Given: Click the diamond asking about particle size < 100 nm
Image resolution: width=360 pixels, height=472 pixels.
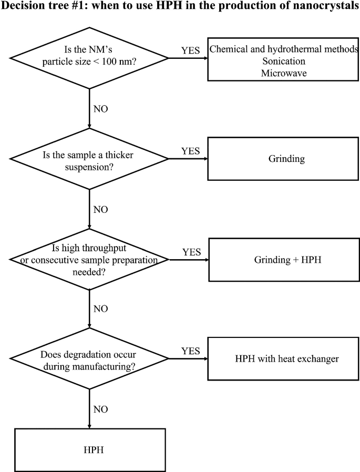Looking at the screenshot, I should (90, 58).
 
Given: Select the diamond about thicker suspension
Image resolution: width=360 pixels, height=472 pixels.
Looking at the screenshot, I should (90, 158).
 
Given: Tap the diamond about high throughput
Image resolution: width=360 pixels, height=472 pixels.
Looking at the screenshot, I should (90, 259).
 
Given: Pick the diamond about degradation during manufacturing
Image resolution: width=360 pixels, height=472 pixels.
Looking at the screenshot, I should (90, 359).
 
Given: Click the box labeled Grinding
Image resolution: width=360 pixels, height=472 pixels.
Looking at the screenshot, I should (283, 158).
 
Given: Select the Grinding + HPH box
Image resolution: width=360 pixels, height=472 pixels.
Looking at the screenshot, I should (283, 259).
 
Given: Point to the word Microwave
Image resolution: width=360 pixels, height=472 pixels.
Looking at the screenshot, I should (284, 73).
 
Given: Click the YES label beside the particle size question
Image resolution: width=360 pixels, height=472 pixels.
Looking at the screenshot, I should (190, 50).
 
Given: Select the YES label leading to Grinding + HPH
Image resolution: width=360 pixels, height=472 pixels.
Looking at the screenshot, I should (191, 252).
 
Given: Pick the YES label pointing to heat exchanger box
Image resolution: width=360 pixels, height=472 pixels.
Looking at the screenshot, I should (190, 351).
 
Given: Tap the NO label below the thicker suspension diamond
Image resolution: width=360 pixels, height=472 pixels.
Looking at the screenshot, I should (100, 210).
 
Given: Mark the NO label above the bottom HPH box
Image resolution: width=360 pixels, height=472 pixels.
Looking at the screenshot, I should (100, 408).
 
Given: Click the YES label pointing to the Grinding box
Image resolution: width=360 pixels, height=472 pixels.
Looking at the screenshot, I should (190, 151).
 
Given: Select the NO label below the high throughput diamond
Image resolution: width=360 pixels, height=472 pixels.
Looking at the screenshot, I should (100, 309).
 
